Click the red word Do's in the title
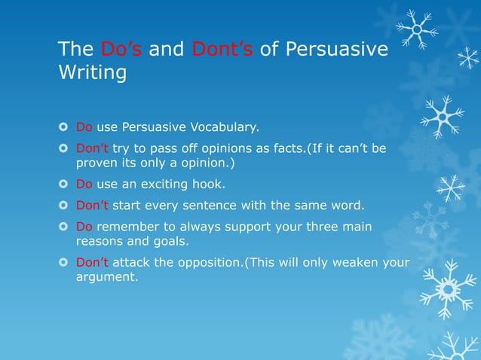coord(121,50)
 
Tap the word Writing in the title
coord(92,75)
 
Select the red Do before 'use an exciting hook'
coord(84,184)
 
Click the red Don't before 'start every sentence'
coord(92,205)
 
